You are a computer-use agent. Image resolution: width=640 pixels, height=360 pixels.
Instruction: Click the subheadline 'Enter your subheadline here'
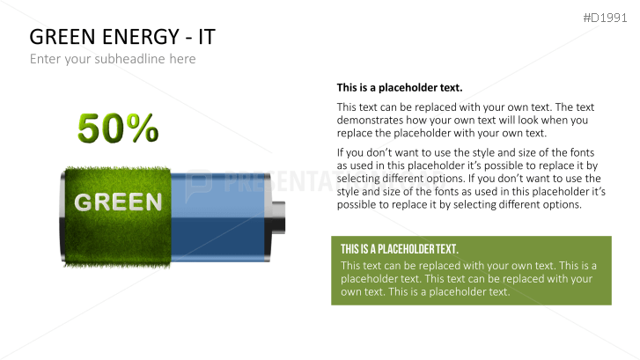[113, 59]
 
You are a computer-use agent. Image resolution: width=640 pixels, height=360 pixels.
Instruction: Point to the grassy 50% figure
[118, 128]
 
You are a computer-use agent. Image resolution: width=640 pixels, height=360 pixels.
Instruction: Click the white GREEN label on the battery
[119, 202]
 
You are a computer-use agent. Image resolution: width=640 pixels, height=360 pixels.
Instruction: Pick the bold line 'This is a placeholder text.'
[400, 88]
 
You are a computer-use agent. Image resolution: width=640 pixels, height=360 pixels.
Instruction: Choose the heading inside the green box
[400, 249]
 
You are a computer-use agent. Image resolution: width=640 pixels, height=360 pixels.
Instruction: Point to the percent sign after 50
[141, 129]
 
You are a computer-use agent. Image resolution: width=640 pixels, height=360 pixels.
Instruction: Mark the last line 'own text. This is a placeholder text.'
[425, 291]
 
